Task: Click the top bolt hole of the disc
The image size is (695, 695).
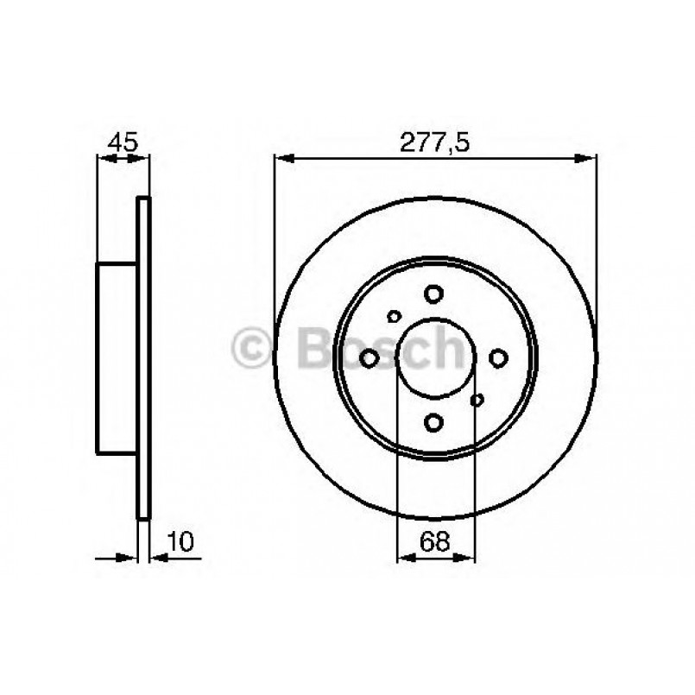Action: coord(434,294)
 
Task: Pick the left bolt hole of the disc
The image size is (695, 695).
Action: coord(370,357)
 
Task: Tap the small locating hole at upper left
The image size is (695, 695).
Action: coord(395,316)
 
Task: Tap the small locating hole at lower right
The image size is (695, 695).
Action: coord(476,399)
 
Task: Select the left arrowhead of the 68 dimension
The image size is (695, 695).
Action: coord(404,558)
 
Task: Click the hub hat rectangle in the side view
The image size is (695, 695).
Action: coord(117,357)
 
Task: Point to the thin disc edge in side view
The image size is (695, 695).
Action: coord(144,357)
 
